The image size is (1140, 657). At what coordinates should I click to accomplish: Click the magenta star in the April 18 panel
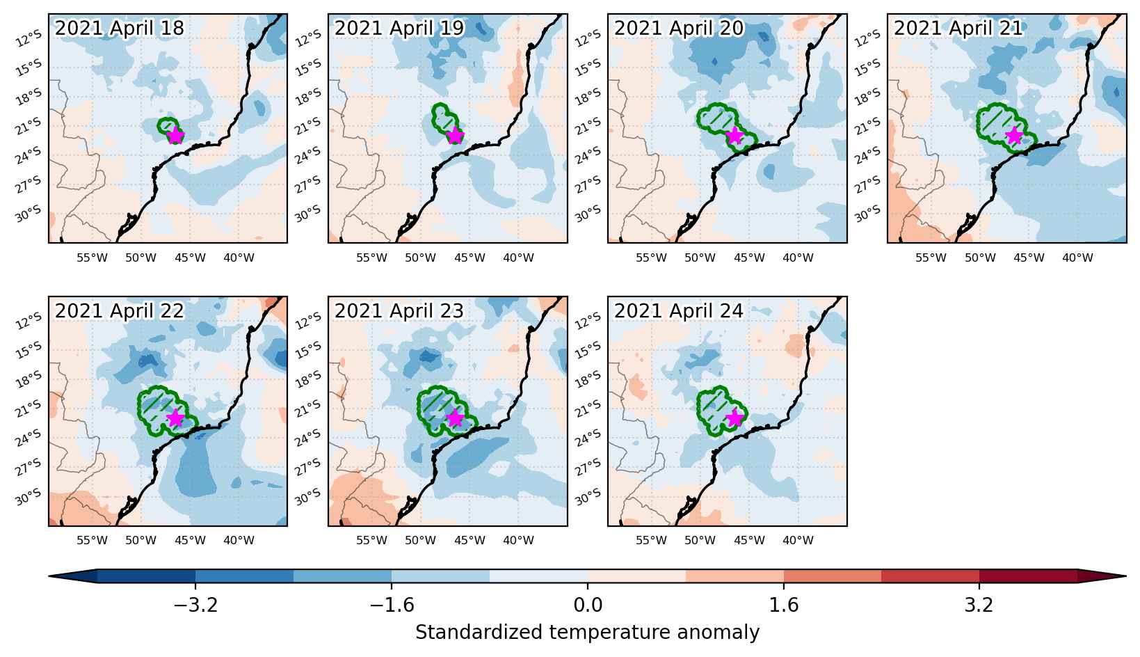(175, 136)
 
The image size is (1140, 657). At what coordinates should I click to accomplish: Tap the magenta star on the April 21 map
(1014, 136)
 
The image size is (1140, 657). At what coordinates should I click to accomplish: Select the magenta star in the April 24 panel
(734, 418)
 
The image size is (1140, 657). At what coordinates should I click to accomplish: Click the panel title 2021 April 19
(399, 28)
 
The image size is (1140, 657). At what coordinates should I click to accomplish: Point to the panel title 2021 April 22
(120, 310)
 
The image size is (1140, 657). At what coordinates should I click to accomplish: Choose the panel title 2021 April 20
(679, 28)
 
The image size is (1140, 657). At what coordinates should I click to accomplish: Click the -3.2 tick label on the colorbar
(195, 605)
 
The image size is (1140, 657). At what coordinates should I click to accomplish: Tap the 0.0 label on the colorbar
(588, 605)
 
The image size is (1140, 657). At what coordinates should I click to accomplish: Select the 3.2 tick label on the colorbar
(979, 605)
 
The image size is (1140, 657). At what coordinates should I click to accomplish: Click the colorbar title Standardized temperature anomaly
(587, 632)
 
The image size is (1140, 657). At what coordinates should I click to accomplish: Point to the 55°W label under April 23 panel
(371, 540)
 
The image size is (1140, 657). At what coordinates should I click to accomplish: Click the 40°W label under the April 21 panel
(1077, 258)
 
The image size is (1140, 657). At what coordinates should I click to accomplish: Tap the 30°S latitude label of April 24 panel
(587, 497)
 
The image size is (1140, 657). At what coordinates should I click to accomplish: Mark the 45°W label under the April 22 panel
(190, 540)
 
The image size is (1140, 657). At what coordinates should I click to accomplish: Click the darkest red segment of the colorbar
(1028, 576)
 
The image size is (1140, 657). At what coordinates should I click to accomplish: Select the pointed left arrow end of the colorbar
(49, 576)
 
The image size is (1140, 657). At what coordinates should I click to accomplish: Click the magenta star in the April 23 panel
(455, 418)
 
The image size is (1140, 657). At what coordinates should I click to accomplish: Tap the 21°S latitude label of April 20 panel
(587, 126)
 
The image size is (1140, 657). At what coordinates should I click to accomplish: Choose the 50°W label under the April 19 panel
(420, 258)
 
